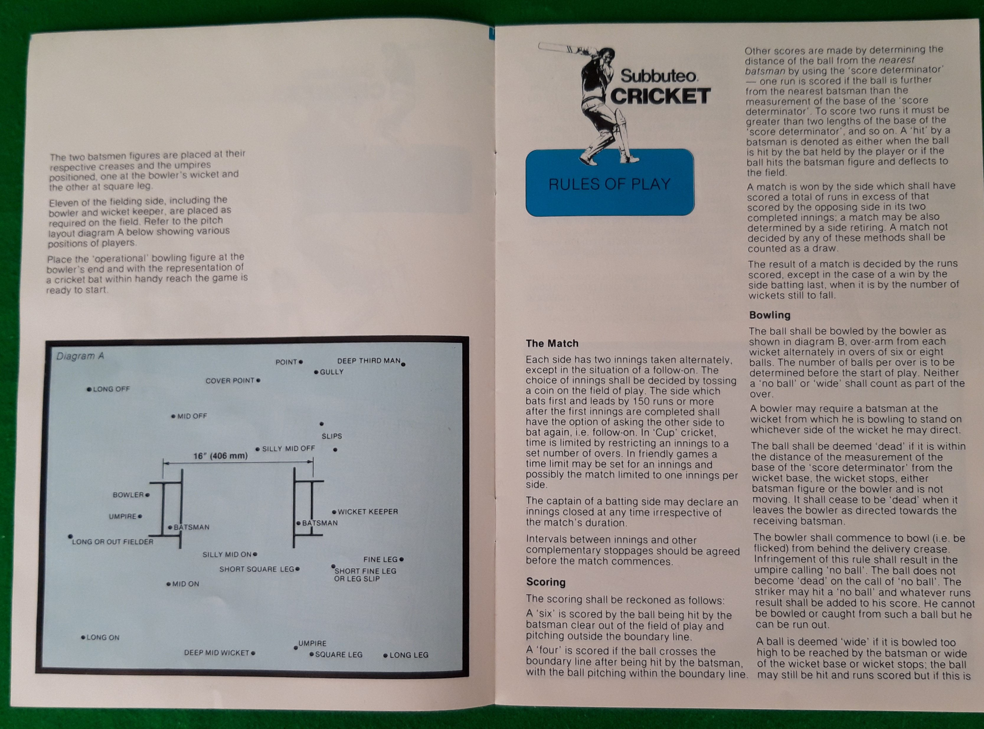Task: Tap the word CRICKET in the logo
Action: click(660, 96)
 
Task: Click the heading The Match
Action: click(552, 343)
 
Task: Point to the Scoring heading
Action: click(545, 582)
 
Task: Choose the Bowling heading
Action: click(769, 315)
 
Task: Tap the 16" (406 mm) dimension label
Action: click(220, 456)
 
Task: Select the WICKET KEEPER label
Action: click(367, 512)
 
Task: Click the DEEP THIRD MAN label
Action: click(368, 361)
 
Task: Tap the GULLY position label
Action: click(331, 372)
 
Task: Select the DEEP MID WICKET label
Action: click(216, 653)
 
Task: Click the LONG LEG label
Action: click(408, 655)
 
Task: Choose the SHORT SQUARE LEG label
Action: click(256, 569)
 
